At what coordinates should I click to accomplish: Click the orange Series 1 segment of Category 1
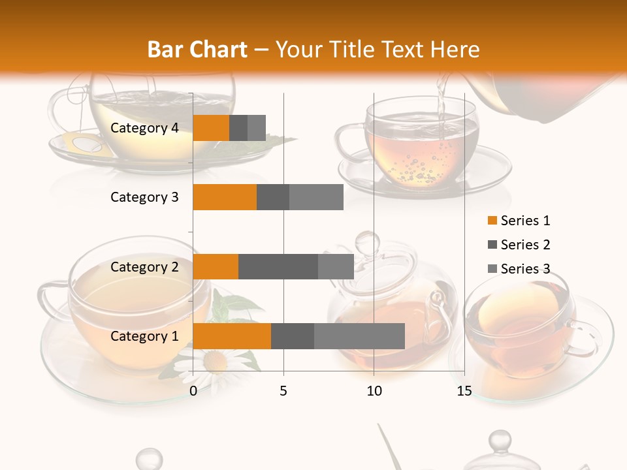(232, 336)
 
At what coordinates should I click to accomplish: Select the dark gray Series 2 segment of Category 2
(278, 266)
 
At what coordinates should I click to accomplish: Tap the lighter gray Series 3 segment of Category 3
(316, 197)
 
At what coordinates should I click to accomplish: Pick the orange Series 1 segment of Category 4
(211, 128)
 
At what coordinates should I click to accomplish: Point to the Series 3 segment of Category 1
(359, 336)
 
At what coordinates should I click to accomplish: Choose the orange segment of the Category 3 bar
(225, 197)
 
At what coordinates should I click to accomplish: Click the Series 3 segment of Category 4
(257, 128)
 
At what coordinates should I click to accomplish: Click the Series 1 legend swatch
(492, 221)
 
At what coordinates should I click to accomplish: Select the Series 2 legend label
(525, 245)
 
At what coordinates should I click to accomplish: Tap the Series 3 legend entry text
(525, 269)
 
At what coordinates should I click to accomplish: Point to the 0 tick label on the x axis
(193, 391)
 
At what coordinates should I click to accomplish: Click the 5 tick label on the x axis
(283, 391)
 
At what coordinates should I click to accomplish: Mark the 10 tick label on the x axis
(374, 391)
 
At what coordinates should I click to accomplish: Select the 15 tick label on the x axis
(464, 391)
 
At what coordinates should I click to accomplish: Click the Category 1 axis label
(144, 336)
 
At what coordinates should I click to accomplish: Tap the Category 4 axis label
(144, 128)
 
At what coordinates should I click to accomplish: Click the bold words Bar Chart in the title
(197, 50)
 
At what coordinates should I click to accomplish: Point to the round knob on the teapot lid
(367, 243)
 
